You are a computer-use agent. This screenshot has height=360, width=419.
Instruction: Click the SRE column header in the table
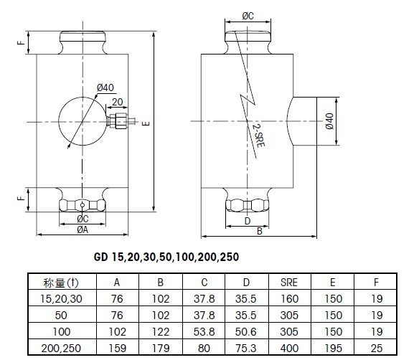289,283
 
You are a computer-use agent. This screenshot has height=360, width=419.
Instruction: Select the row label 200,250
61,348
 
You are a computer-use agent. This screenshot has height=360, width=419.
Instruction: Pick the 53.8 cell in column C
204,332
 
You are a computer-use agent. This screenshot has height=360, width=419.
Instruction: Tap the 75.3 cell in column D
246,348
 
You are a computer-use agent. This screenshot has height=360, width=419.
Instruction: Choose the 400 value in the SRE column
289,348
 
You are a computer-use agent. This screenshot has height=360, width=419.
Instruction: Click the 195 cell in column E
333,348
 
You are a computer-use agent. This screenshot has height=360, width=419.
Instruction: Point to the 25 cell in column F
377,348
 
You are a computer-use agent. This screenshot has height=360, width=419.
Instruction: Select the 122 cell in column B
161,332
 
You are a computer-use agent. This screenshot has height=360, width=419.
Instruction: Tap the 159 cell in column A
117,348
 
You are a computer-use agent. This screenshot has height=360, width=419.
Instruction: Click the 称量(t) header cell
61,283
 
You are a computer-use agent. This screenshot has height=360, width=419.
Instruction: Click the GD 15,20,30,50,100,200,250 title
166,257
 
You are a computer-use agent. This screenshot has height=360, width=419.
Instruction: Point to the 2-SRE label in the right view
258,136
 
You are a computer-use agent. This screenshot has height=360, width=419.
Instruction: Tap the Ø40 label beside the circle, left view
105,87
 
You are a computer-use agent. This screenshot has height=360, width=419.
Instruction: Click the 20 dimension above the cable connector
118,102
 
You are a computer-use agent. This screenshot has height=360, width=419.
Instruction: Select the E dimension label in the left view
146,123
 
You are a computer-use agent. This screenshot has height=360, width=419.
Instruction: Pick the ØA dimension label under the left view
83,229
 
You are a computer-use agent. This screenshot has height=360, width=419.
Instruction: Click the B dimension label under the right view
260,232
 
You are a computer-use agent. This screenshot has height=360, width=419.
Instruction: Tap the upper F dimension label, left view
21,43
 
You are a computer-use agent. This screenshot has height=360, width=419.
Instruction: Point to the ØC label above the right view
248,16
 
